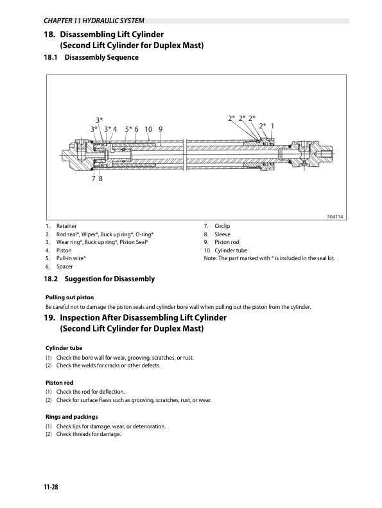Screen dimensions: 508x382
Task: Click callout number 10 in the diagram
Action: click(148, 129)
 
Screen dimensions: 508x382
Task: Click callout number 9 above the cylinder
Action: click(161, 129)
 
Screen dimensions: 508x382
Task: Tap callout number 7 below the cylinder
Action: click(94, 179)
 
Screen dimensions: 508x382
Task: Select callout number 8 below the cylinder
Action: click(101, 179)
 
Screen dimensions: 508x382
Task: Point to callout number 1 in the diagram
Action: click(273, 126)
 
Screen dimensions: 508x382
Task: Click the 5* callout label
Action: click(129, 129)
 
